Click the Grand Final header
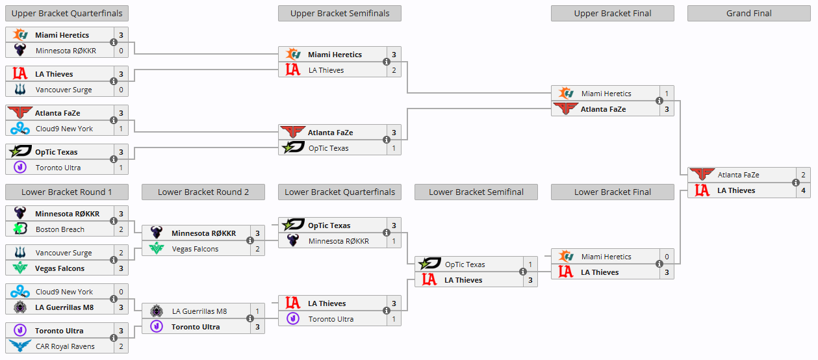point(748,14)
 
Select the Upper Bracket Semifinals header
point(339,14)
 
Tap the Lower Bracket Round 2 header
point(203,192)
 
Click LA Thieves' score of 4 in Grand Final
point(803,190)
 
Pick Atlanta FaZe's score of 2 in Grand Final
point(803,175)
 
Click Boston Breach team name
point(60,229)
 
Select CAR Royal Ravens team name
point(65,346)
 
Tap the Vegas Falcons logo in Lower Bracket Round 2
point(157,249)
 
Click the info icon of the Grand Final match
point(796,183)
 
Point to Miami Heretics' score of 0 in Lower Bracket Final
point(667,257)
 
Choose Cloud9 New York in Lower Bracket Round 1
point(64,292)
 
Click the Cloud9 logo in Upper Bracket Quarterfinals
point(20,129)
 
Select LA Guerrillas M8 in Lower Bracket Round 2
point(199,311)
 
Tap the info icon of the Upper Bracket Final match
point(659,101)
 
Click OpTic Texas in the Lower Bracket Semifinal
point(465,264)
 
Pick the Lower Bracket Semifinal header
point(476,192)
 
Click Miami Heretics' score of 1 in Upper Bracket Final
point(667,94)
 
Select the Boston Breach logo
point(20,229)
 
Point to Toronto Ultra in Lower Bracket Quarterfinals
point(331,319)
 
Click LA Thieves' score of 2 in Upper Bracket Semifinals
point(394,70)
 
